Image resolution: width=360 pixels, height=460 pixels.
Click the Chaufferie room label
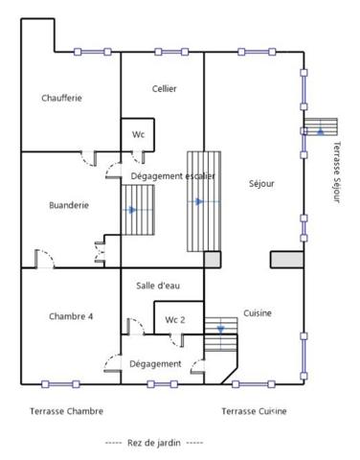coord(61,97)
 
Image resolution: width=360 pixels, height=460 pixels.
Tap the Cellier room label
coord(164,89)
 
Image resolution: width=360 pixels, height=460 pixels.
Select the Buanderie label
coord(69,204)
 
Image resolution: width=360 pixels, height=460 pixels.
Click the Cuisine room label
coord(258,313)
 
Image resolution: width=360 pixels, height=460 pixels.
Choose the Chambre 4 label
coord(70,316)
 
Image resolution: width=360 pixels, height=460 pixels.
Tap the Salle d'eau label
coord(156,286)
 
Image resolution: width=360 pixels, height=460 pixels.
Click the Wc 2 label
coord(175,319)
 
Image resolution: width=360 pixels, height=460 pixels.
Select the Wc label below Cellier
coord(138,135)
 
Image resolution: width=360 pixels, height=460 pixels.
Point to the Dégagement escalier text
coord(172,176)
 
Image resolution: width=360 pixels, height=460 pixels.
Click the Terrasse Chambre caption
coord(66,411)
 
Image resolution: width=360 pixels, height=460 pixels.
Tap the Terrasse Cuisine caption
coord(254,411)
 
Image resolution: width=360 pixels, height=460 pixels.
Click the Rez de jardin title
coord(154,443)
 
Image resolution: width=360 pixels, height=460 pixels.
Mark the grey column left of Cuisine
coord(212,259)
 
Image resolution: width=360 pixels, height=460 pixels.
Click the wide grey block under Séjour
coord(286,259)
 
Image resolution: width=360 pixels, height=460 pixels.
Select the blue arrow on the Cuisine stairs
coord(220,329)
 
